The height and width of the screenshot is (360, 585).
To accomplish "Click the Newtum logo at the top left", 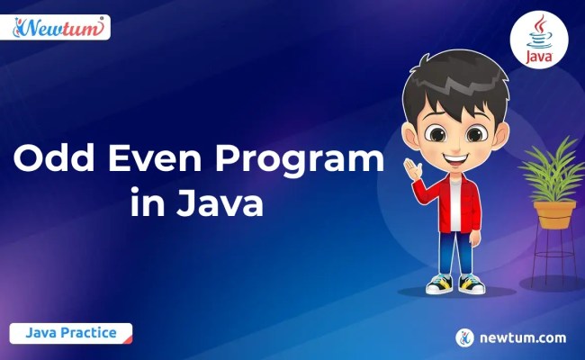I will point(60,27).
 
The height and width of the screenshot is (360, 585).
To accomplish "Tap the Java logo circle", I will point(537,40).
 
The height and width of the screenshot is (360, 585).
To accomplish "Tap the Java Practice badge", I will point(71,332).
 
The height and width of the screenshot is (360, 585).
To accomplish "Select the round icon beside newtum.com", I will point(465,337).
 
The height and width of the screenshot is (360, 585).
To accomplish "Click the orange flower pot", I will point(553,214).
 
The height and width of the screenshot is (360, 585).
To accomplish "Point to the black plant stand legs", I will point(553,261).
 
